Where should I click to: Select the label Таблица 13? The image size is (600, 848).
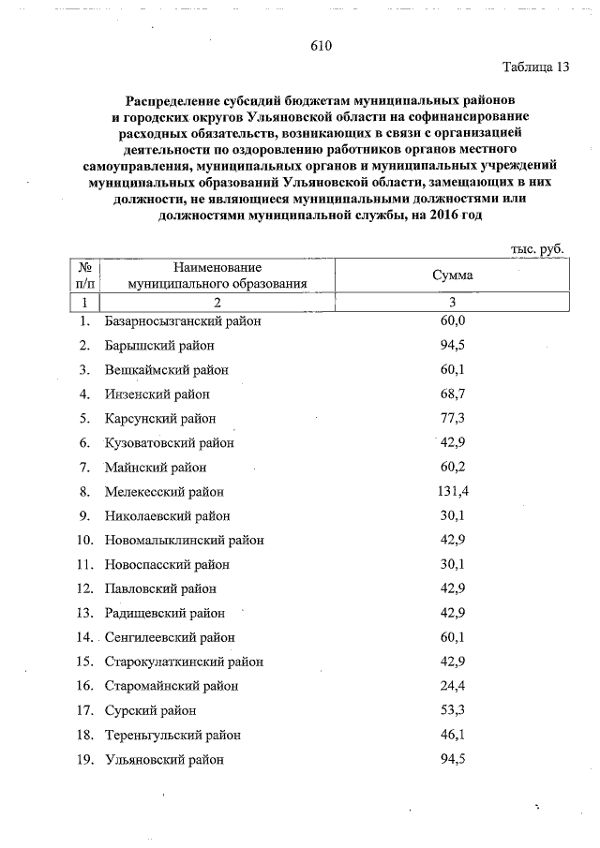coord(535,67)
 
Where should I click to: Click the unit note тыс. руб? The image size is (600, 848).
coord(536,249)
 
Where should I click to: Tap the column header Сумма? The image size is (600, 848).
coord(453,275)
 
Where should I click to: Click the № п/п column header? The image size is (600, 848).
coord(83,275)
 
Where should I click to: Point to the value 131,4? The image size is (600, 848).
coord(453,491)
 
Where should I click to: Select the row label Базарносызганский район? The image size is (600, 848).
coord(183,321)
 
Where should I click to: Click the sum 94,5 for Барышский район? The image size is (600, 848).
coord(453,345)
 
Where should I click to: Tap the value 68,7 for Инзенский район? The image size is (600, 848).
coord(453,394)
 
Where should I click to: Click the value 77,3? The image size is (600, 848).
coord(453,418)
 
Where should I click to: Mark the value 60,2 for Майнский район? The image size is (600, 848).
coord(453,467)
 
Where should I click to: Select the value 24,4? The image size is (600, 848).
coord(453,686)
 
